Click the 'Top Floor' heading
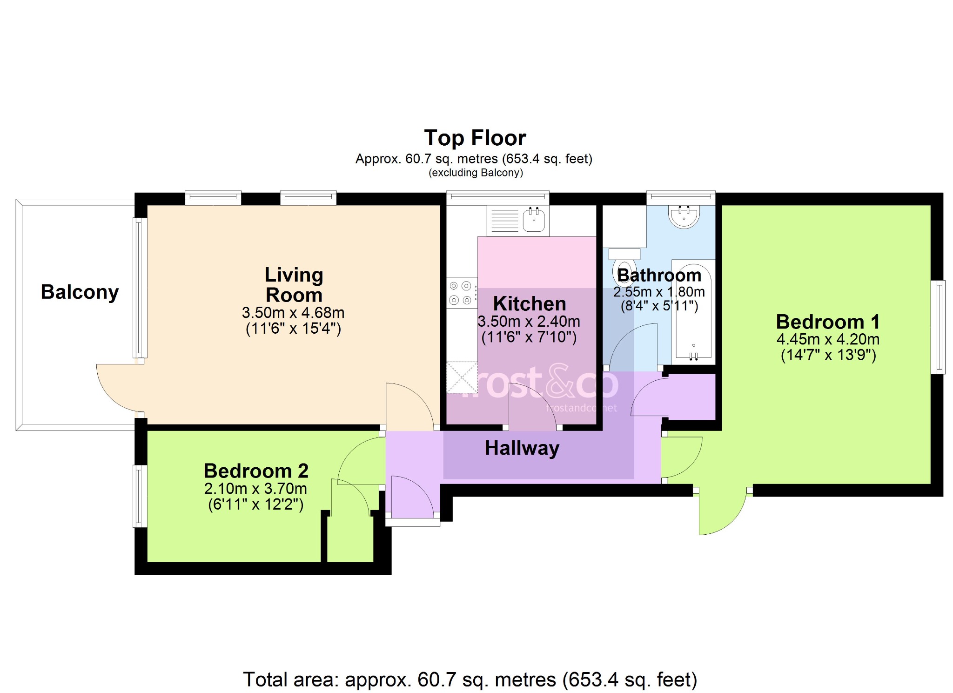tap(475, 138)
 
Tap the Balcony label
tap(80, 292)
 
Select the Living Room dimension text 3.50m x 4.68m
tap(293, 312)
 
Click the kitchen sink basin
tap(534, 220)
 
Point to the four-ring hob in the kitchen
tap(462, 293)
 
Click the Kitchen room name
tap(530, 304)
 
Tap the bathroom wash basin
tap(684, 216)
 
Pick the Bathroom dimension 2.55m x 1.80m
tap(659, 292)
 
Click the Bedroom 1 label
tap(828, 322)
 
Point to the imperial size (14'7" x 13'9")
tap(828, 355)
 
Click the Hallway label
tap(522, 448)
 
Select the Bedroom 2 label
tap(256, 471)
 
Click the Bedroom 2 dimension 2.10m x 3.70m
tap(255, 489)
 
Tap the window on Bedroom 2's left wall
tap(141, 496)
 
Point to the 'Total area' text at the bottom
tap(470, 680)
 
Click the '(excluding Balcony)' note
tap(476, 173)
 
